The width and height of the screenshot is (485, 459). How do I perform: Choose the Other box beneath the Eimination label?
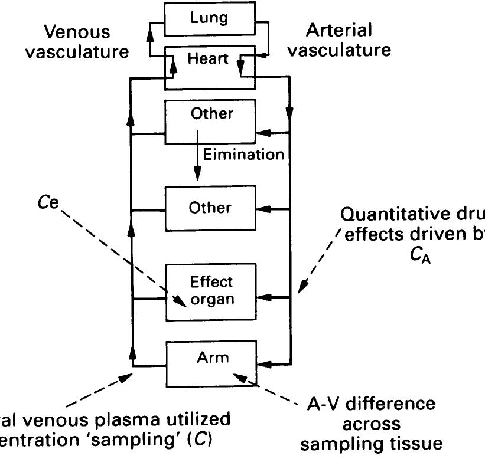coord(211,208)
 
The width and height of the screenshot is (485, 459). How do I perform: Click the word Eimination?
coord(244,155)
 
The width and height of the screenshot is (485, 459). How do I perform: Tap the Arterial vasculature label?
coord(343,40)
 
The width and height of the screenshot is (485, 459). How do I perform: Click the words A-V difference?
coord(372,405)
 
